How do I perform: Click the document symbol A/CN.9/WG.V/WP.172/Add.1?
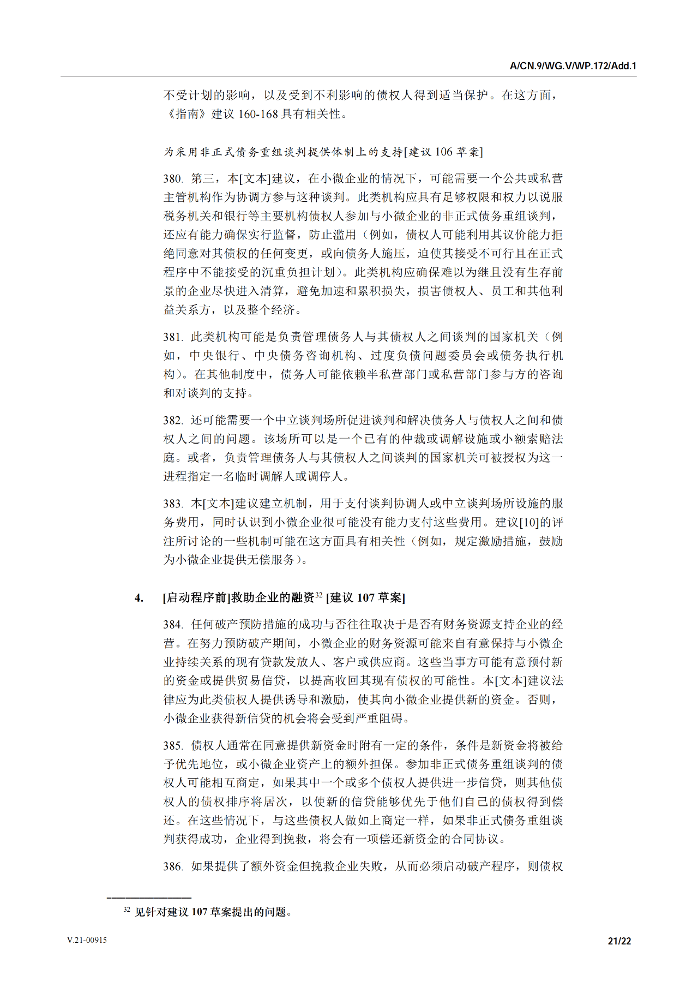[x=573, y=66]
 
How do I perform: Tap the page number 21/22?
[x=619, y=941]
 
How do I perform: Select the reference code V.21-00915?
[x=87, y=940]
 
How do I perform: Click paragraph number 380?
[x=172, y=179]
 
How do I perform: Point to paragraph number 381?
[x=172, y=337]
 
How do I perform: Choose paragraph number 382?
[x=172, y=420]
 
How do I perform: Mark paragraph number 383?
[x=172, y=504]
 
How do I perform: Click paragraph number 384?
[x=172, y=625]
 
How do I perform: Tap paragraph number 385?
[x=172, y=746]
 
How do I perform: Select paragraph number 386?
[x=172, y=866]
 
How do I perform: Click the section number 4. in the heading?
[x=139, y=598]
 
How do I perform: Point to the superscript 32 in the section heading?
[x=319, y=595]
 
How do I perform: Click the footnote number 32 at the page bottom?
[x=127, y=910]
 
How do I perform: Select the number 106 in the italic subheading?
[x=444, y=152]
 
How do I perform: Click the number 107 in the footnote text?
[x=200, y=912]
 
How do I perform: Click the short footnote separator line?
[x=149, y=898]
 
